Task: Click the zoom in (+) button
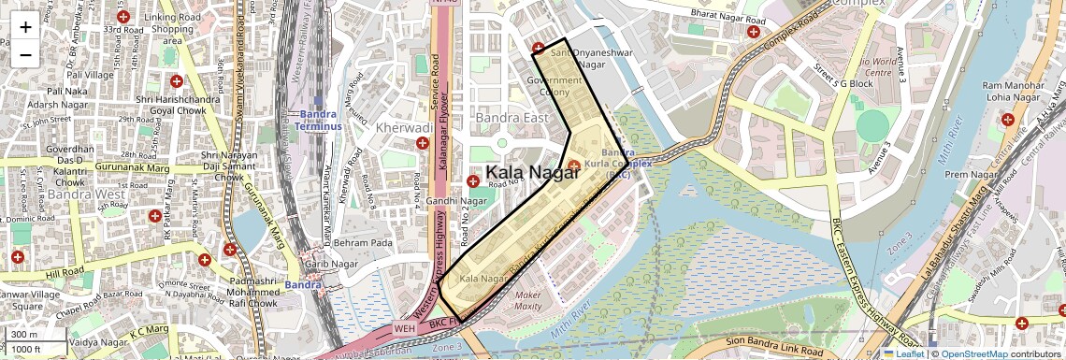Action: click(x=25, y=26)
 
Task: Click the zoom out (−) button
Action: click(x=25, y=54)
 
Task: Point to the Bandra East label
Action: click(x=511, y=119)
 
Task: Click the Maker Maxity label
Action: click(x=528, y=300)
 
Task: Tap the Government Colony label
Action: click(x=554, y=86)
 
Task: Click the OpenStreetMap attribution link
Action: click(x=975, y=353)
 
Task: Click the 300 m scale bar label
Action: click(x=24, y=335)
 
